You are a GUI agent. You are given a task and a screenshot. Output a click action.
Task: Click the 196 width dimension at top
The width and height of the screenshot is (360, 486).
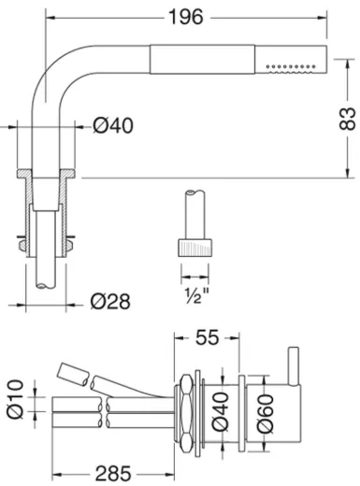[192, 18]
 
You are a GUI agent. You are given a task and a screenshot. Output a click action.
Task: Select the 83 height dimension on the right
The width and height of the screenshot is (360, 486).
[347, 119]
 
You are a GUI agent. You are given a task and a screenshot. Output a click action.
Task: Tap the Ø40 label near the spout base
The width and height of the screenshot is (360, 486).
[113, 126]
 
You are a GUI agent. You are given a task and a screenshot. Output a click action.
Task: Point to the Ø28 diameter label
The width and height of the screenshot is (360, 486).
[109, 301]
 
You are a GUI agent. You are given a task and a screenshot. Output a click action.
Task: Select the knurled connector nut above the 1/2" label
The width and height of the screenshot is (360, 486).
[194, 250]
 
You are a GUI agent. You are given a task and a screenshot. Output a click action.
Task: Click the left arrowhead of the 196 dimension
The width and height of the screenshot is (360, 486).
[49, 18]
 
